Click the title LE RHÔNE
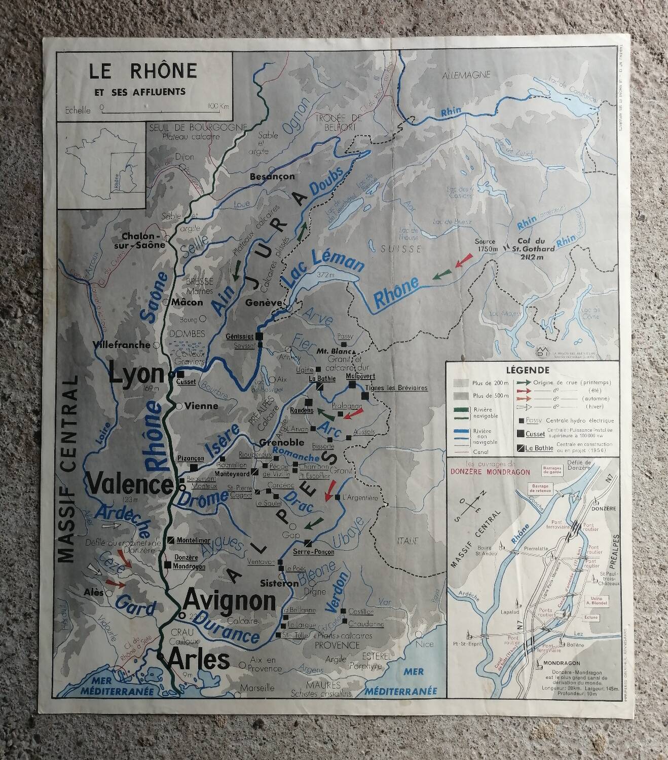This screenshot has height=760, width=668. tap(143, 71)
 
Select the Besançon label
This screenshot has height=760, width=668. tap(272, 177)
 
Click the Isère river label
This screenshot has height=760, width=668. tap(222, 441)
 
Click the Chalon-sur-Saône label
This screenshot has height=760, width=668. tap(143, 241)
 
